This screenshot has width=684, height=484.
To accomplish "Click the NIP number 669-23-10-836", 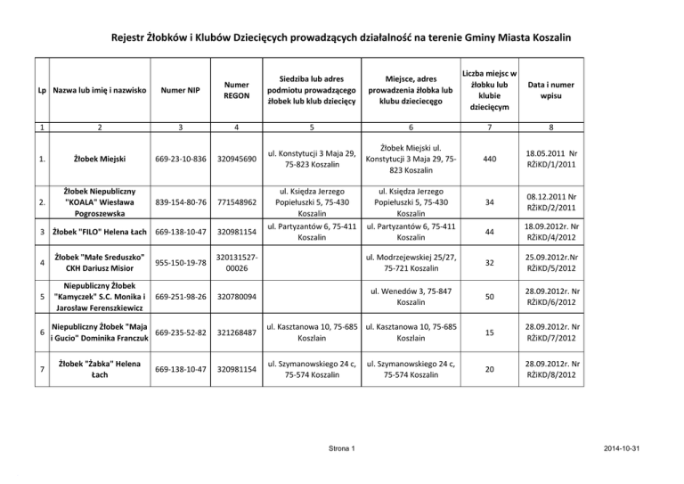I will click(x=182, y=159).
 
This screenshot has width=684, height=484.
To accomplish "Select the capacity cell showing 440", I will click(x=488, y=159).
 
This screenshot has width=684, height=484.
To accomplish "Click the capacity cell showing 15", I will click(x=488, y=332).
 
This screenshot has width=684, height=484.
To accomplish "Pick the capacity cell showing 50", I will click(x=488, y=296).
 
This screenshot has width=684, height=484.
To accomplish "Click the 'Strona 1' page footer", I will click(x=342, y=445).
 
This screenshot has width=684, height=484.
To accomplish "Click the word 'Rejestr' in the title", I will click(x=131, y=38).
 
